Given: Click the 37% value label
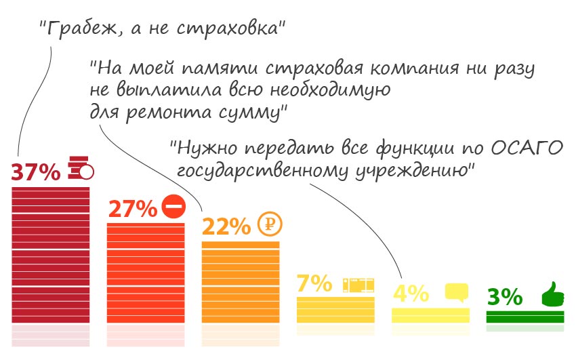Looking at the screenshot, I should pyautogui.click(x=36, y=173).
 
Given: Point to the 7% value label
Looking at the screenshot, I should pyautogui.click(x=314, y=283).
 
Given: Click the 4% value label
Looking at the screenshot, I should pyautogui.click(x=411, y=294).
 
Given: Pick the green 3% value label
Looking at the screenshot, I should pyautogui.click(x=505, y=297).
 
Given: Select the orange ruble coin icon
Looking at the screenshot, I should pyautogui.click(x=270, y=224).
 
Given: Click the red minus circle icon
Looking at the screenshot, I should pyautogui.click(x=173, y=206).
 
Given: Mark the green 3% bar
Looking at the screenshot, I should pyautogui.click(x=525, y=317).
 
